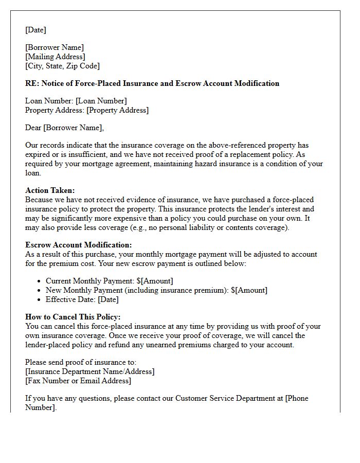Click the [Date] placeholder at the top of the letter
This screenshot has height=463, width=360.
[x=35, y=30]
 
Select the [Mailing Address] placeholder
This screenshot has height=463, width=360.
[x=55, y=57]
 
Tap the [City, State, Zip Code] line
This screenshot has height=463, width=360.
[x=62, y=66]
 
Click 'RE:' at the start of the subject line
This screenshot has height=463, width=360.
[x=32, y=83]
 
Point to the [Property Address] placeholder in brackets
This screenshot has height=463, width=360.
[x=117, y=110]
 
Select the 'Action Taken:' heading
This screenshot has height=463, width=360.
[x=50, y=190]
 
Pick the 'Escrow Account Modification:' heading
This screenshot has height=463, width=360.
[x=78, y=245]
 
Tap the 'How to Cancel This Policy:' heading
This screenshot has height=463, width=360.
[x=73, y=317]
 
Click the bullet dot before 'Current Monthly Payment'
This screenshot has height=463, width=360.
[x=40, y=281]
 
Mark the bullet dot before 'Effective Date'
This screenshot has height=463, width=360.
[x=40, y=300]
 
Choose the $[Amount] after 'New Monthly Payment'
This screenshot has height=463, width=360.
[x=249, y=290]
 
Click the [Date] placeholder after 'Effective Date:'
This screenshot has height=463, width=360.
[x=108, y=299]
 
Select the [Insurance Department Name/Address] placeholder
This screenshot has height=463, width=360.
[x=89, y=371]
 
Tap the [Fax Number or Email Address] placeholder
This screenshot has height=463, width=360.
[x=78, y=381]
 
